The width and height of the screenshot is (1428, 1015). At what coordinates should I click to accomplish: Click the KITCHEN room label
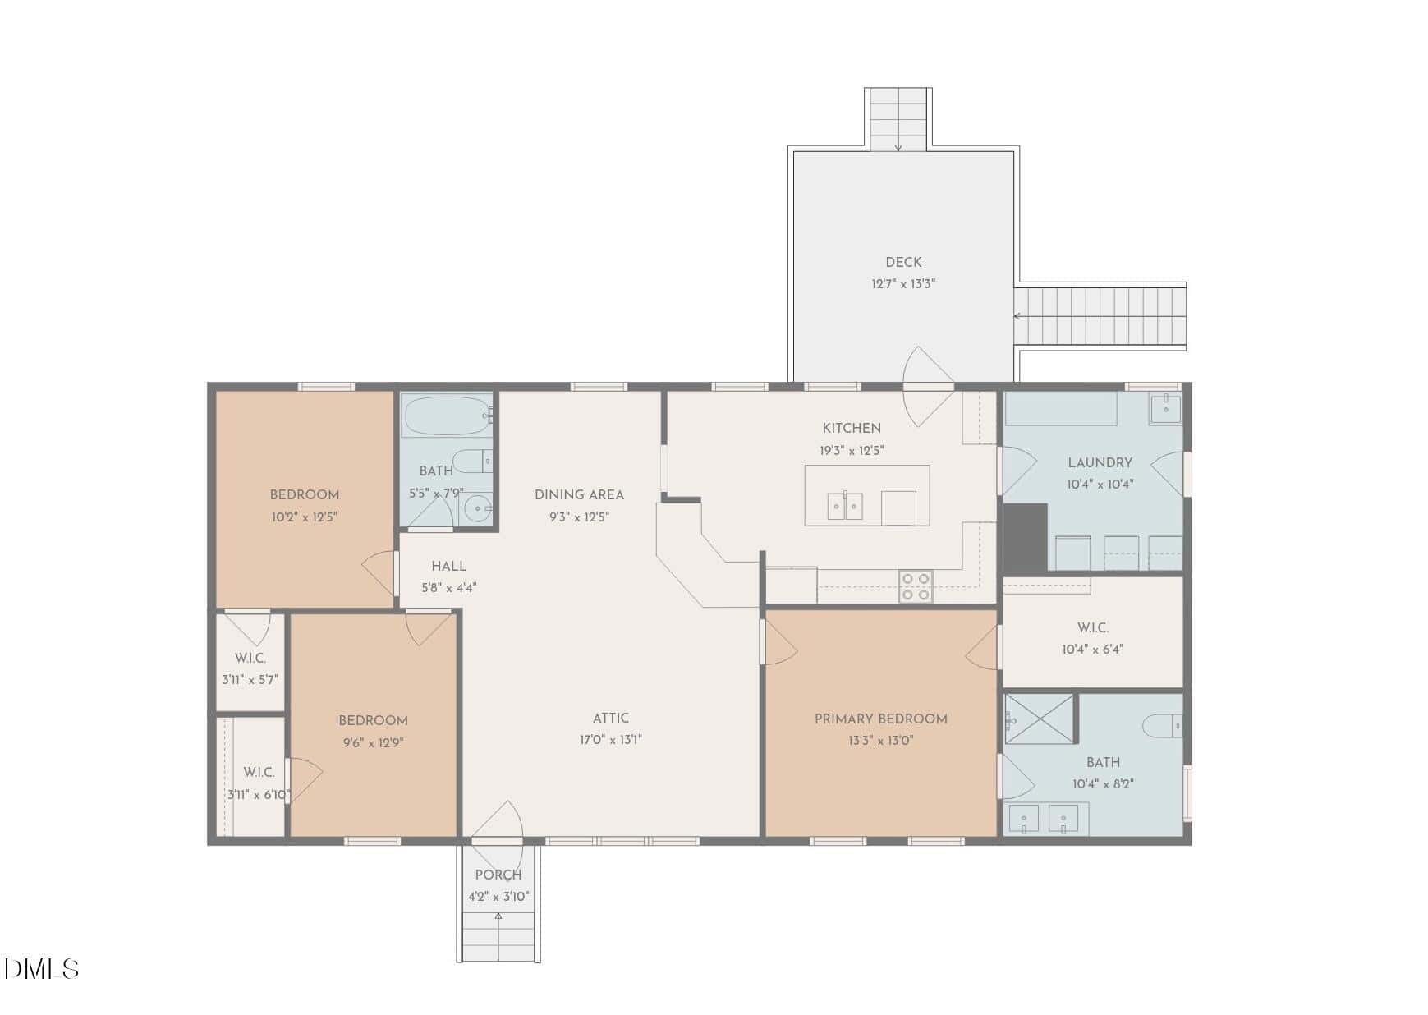click(852, 428)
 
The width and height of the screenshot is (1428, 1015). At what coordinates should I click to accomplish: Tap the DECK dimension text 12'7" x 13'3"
click(903, 284)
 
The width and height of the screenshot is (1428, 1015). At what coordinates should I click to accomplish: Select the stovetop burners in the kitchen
click(916, 586)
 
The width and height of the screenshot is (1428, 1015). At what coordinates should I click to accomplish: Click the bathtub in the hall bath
click(446, 416)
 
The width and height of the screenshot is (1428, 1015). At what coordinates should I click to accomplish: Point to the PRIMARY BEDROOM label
click(880, 719)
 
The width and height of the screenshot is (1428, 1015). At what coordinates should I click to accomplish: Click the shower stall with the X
click(1039, 719)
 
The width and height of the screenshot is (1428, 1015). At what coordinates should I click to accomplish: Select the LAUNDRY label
click(1100, 462)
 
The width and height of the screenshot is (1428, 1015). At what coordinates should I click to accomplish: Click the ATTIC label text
click(610, 718)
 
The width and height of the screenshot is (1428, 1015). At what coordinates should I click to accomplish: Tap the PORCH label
click(498, 875)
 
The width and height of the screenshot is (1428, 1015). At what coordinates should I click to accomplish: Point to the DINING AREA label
click(579, 494)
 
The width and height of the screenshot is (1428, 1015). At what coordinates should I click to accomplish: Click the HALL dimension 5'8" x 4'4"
click(449, 588)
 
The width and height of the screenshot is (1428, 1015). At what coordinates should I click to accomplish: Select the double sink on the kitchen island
click(844, 506)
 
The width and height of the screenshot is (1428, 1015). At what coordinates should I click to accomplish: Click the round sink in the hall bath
click(477, 509)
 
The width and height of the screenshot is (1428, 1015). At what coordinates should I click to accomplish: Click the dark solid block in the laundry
click(1025, 538)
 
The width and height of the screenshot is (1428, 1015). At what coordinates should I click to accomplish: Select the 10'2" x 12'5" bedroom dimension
click(305, 517)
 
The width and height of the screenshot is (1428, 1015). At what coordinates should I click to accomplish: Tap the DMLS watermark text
click(41, 969)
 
